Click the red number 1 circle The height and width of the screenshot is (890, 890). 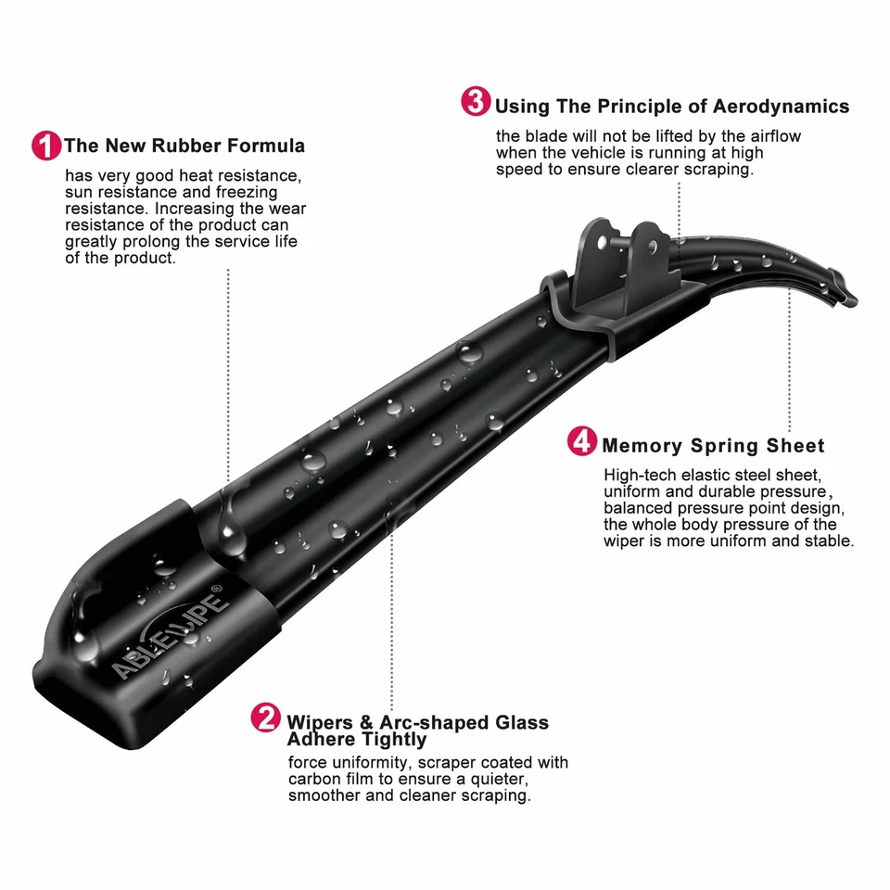coord(46,146)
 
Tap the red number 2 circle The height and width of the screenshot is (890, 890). coord(266,718)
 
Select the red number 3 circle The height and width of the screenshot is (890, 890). coord(476,102)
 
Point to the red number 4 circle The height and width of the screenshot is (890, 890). coord(582,441)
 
